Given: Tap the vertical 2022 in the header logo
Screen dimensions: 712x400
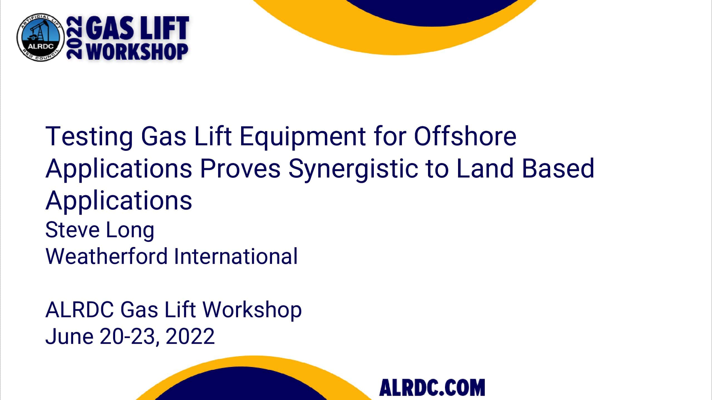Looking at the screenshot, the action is [74, 38].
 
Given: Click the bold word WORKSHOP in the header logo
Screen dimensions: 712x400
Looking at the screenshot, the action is [137, 52].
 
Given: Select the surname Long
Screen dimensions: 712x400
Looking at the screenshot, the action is [130, 231].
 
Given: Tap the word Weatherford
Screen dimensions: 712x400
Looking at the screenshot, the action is [106, 256].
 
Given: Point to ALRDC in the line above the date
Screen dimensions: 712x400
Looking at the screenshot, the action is [80, 309].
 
